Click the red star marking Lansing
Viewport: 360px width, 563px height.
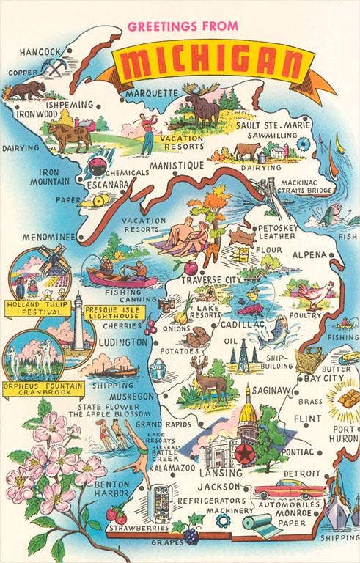pyautogui.click(x=241, y=455)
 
